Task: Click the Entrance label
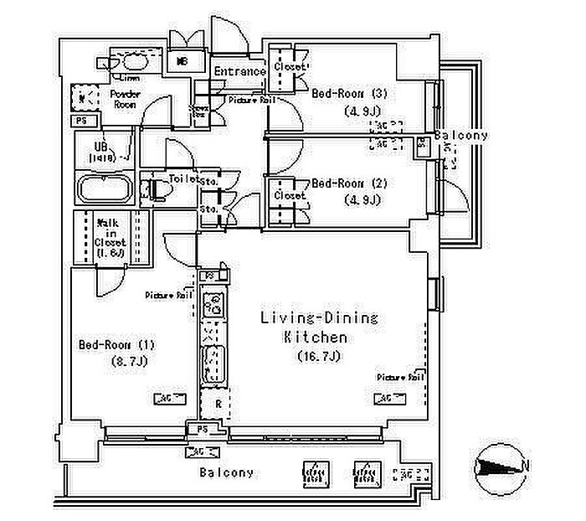(239, 71)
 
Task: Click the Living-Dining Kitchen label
(319, 328)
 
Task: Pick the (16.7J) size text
(319, 357)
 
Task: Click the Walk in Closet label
(111, 236)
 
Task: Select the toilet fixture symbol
(157, 190)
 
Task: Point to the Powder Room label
(125, 100)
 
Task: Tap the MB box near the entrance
(182, 61)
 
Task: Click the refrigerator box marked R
(216, 405)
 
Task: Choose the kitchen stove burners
(213, 304)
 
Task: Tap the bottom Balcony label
(226, 472)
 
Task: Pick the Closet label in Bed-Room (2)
(290, 195)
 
